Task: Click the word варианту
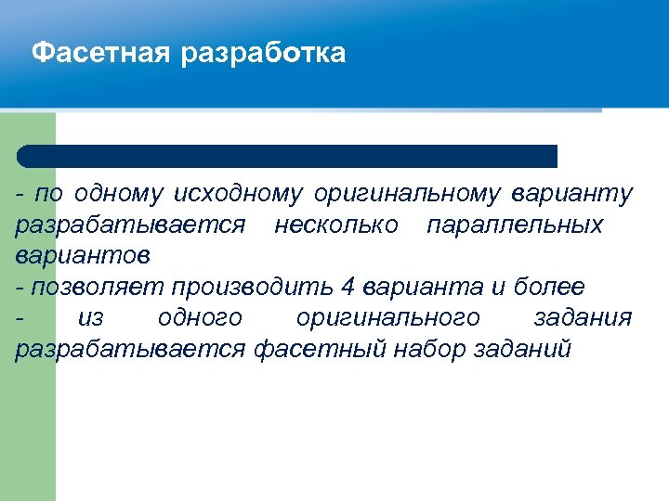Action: [x=571, y=194]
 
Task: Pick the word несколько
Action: [x=336, y=225]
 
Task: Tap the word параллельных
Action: [x=514, y=225]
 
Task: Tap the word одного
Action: [x=200, y=318]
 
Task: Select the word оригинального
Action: [x=387, y=318]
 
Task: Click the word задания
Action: [x=584, y=318]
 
